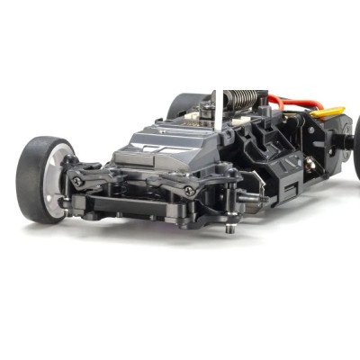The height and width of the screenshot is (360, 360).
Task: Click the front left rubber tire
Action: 34,175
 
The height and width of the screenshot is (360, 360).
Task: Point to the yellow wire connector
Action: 328,112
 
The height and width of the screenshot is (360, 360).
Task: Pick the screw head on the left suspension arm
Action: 78,182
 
